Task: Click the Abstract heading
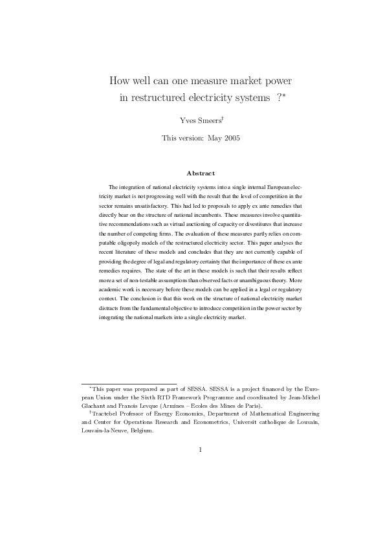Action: click(x=201, y=173)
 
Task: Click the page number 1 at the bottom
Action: click(x=201, y=450)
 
